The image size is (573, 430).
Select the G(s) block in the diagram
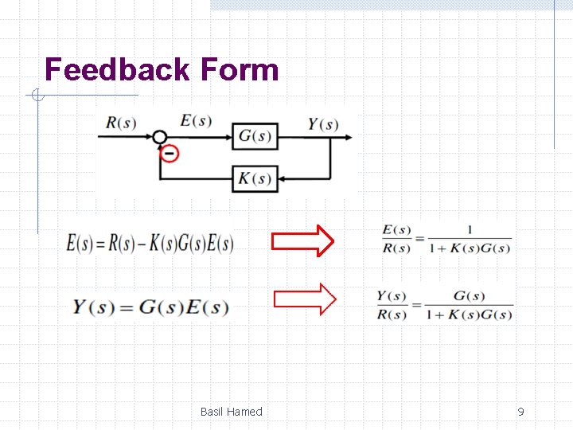point(255,136)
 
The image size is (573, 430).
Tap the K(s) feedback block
point(255,178)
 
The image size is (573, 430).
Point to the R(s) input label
point(121,123)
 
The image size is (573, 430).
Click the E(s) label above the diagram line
point(196,121)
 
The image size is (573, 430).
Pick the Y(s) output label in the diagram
point(323,124)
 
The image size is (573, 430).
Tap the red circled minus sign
point(169,153)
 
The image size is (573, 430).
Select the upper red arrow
point(303,240)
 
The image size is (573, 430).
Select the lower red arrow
point(305,299)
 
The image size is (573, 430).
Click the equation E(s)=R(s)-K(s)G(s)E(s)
point(150,243)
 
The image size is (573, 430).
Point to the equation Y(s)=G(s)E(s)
point(150,307)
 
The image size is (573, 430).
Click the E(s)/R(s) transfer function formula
point(446,239)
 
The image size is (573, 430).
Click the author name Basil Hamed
point(231,412)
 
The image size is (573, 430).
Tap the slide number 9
point(520,412)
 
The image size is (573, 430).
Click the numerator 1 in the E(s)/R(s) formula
point(470,230)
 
